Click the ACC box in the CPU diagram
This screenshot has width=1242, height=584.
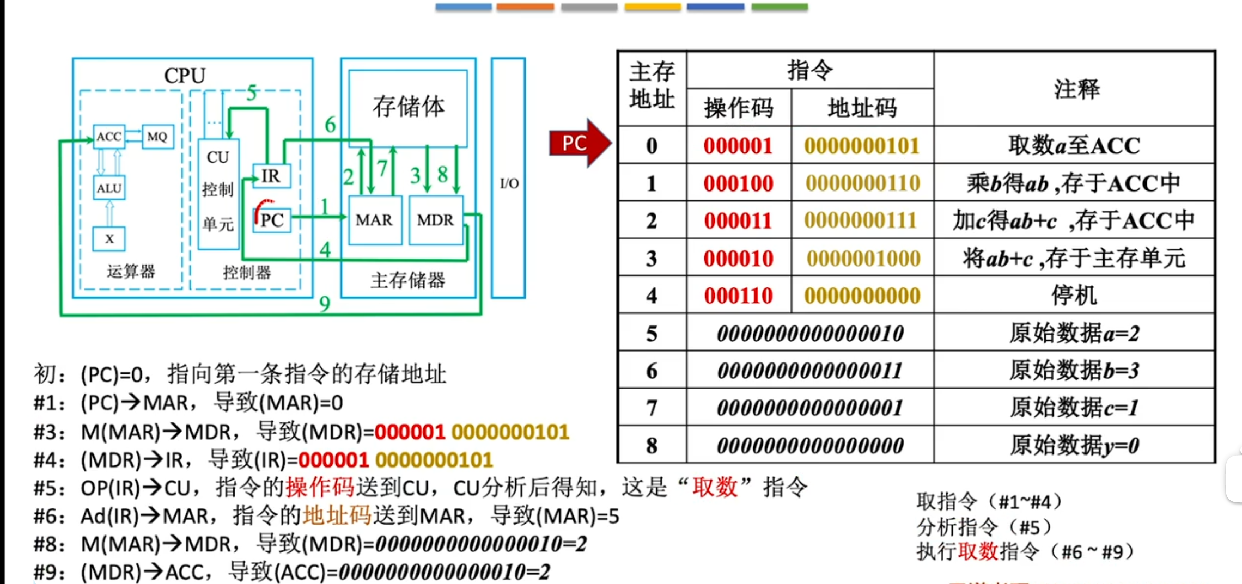click(109, 137)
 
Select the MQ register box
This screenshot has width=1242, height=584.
click(157, 137)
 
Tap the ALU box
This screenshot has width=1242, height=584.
click(109, 188)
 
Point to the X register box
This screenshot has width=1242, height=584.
click(109, 238)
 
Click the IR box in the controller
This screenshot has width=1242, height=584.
click(271, 176)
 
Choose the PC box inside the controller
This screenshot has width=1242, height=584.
click(272, 220)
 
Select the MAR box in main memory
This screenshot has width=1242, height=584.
click(374, 220)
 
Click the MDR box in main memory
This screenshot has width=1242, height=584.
click(435, 220)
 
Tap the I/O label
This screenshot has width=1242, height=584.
click(509, 183)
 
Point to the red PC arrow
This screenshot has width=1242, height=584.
click(579, 143)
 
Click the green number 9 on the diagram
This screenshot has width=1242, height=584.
click(325, 303)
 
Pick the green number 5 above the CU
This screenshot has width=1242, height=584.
click(251, 93)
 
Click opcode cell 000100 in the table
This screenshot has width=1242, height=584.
click(738, 183)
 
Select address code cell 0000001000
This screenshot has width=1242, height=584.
click(863, 259)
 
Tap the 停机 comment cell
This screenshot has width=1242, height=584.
click(1074, 296)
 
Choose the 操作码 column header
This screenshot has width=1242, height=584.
click(739, 108)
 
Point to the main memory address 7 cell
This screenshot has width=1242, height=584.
click(652, 408)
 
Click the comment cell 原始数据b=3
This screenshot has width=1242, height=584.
click(1074, 371)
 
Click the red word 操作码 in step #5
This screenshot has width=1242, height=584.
click(320, 487)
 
